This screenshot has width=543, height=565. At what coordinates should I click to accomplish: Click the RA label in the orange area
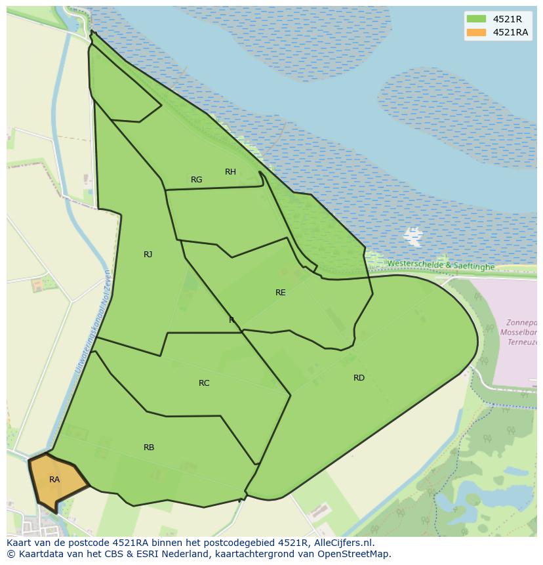(54, 480)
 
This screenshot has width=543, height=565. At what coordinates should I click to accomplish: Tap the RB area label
(149, 448)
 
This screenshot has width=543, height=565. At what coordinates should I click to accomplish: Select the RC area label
(204, 383)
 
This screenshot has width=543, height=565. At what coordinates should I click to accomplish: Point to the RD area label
(359, 378)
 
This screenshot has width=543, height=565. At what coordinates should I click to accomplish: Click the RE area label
(281, 293)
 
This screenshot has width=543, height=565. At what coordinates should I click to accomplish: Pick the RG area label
(196, 180)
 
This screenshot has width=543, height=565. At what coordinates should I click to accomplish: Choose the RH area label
(230, 172)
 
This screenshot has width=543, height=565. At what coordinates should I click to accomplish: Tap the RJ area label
(148, 255)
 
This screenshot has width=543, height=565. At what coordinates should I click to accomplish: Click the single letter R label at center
(231, 320)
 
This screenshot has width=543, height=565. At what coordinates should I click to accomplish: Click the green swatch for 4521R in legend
(477, 19)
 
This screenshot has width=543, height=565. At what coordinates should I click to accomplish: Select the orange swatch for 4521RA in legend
(477, 32)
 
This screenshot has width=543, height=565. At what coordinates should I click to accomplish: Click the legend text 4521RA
(511, 32)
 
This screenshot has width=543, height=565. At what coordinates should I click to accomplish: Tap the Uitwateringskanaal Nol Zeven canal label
(93, 322)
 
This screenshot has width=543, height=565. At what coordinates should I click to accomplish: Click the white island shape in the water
(413, 236)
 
